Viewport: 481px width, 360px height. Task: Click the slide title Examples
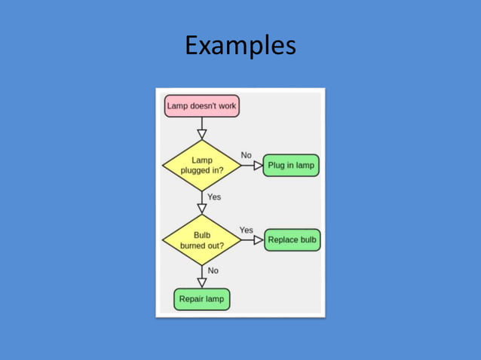(x=240, y=46)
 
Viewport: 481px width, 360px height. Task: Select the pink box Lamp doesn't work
(x=201, y=106)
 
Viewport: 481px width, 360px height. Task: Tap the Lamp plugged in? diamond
(x=201, y=165)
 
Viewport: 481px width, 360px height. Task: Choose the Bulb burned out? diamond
(x=201, y=240)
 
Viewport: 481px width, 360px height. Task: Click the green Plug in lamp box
(x=291, y=165)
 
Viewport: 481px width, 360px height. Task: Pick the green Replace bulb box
(x=293, y=240)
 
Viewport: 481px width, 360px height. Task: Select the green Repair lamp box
(x=201, y=299)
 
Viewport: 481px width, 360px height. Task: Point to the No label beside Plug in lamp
(x=246, y=155)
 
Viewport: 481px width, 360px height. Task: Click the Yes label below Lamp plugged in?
(x=214, y=197)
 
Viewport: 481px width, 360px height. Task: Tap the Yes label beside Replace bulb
(x=246, y=230)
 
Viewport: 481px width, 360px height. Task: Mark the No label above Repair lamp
(x=213, y=270)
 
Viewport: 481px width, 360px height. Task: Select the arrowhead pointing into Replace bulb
(x=259, y=240)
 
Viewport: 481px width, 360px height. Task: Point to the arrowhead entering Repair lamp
(x=201, y=282)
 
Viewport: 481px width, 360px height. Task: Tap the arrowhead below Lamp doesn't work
(x=201, y=134)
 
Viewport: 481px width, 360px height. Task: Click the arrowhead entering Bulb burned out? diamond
(x=201, y=209)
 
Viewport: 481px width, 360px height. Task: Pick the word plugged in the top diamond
(x=195, y=170)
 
